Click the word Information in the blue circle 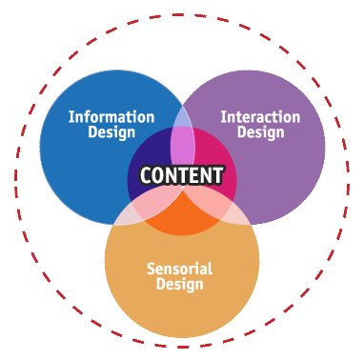pyautogui.click(x=111, y=117)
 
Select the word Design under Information pyautogui.click(x=111, y=132)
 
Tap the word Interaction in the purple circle pyautogui.click(x=261, y=117)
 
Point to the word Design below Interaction pyautogui.click(x=261, y=132)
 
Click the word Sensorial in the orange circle pyautogui.click(x=181, y=269)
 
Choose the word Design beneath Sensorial pyautogui.click(x=181, y=285)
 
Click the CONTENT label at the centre pyautogui.click(x=181, y=175)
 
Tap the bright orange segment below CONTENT pyautogui.click(x=181, y=215)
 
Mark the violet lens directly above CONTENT pyautogui.click(x=182, y=143)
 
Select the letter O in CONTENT pyautogui.click(x=158, y=176)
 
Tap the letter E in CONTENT pyautogui.click(x=194, y=176)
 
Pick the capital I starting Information pyautogui.click(x=71, y=117)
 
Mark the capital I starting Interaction pyautogui.click(x=223, y=117)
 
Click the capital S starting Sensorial pyautogui.click(x=152, y=269)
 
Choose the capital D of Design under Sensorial pyautogui.click(x=160, y=285)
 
